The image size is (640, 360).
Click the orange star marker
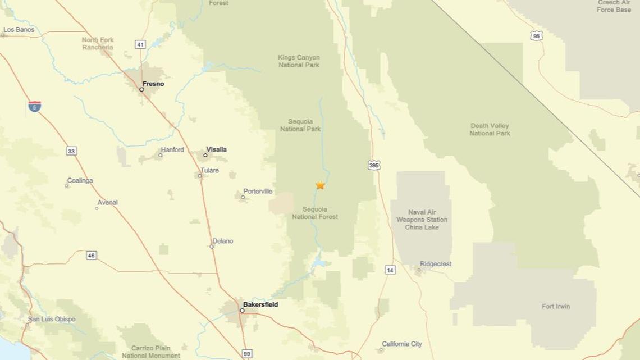pos(320,185)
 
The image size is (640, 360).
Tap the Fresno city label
pos(153,84)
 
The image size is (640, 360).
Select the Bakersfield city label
pos(260,304)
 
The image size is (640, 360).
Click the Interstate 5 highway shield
pos(34,106)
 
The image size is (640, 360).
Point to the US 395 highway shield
pos(374,165)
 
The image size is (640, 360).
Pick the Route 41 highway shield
pos(140,44)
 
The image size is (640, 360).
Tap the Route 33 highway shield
pos(71,151)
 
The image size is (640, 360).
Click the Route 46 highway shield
pos(92,256)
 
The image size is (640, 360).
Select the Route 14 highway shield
pos(390,270)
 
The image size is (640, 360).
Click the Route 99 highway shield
pos(247,354)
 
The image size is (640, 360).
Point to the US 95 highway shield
pos(536,36)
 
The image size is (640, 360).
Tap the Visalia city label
pos(216,149)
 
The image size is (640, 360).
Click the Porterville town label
pos(258,192)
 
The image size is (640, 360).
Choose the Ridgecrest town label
pos(436,264)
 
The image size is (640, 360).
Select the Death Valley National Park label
pos(490,130)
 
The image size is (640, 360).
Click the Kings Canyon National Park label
pos(299,61)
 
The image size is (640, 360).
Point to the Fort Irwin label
pos(556,306)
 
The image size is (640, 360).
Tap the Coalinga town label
pos(80,181)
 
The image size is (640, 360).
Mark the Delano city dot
pos(212,247)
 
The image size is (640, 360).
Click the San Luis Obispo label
pos(52,319)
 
